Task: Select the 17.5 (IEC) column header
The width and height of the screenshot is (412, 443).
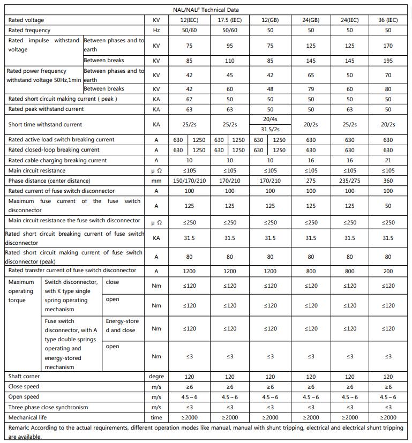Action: (x=229, y=20)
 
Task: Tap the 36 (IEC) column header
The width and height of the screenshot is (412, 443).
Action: (x=388, y=20)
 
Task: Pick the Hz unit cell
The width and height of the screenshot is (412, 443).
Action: (x=156, y=31)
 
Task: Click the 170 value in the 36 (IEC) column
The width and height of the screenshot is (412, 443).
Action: (x=388, y=46)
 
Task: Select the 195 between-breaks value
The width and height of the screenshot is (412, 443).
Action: (x=388, y=61)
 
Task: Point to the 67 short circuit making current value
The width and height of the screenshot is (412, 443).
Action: (x=189, y=99)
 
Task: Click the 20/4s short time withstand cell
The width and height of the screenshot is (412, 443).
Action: (x=270, y=119)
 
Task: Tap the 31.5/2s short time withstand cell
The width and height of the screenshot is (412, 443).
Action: (x=270, y=129)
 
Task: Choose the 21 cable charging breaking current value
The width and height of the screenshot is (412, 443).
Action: (x=388, y=160)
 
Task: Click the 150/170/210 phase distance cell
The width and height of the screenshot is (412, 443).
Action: (x=189, y=181)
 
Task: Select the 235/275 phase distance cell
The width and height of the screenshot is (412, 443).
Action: (x=349, y=181)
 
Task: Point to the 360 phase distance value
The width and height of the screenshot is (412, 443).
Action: (x=388, y=181)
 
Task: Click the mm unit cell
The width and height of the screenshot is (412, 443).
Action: (x=156, y=181)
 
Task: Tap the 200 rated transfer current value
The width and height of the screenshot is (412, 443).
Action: (x=388, y=271)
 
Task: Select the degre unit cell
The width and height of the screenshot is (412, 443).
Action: (x=156, y=377)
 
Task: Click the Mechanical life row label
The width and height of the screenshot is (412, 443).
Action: (x=27, y=417)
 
